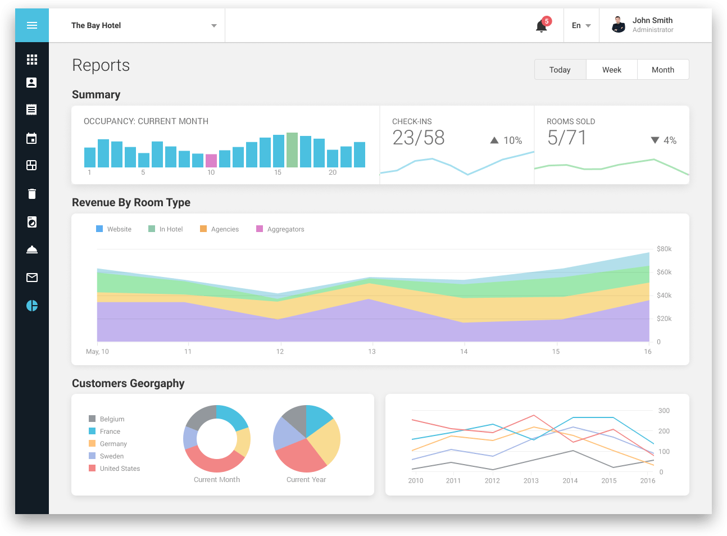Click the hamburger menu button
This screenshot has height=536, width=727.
(x=32, y=25)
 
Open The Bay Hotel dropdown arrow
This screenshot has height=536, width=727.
(x=213, y=26)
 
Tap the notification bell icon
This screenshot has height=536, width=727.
(x=541, y=26)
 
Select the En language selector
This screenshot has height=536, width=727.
(x=581, y=26)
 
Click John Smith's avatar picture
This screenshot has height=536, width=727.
(x=619, y=25)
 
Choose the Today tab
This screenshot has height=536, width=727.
(x=560, y=70)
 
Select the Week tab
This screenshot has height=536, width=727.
(x=611, y=70)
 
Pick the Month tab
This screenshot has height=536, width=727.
(x=662, y=70)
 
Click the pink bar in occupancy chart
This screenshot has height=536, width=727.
(x=211, y=161)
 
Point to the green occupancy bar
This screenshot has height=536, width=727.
(x=292, y=150)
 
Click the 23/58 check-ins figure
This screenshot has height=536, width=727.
(x=419, y=138)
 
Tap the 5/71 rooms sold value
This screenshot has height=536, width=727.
(x=567, y=138)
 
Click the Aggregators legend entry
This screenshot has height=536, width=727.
(x=280, y=229)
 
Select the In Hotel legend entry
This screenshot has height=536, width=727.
(x=166, y=229)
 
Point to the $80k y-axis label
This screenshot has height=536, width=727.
(x=664, y=249)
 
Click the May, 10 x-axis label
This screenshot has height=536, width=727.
(x=97, y=352)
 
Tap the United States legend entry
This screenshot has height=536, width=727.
(x=115, y=469)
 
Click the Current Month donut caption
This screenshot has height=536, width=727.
(x=217, y=480)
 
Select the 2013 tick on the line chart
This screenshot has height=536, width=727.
(x=531, y=481)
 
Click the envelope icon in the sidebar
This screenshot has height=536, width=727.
(x=32, y=278)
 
